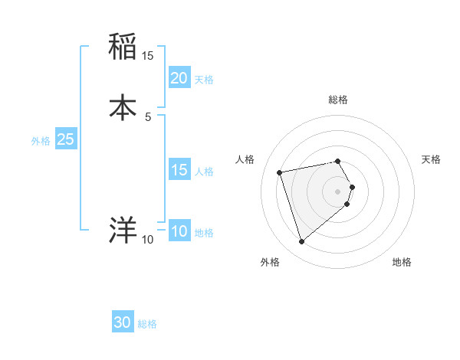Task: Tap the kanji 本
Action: [x=123, y=106]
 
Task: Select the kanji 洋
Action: [x=123, y=229]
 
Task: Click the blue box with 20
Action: [x=179, y=78]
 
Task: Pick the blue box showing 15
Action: [x=179, y=171]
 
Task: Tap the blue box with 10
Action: [x=179, y=232]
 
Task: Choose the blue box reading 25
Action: [x=65, y=140]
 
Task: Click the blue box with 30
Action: [x=123, y=323]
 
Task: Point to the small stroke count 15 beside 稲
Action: [x=148, y=56]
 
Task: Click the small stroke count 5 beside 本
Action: [x=148, y=117]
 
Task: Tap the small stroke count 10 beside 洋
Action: [x=148, y=240]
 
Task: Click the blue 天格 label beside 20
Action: [x=204, y=80]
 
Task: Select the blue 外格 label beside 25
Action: [x=41, y=141]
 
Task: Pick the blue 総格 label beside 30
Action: [x=147, y=324]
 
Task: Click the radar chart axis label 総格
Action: [x=338, y=100]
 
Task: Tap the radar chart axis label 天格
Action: [x=432, y=159]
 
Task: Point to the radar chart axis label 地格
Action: [x=402, y=262]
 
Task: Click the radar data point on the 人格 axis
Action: [x=280, y=172]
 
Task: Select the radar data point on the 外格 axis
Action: [x=302, y=242]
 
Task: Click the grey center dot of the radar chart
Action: [x=338, y=191]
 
